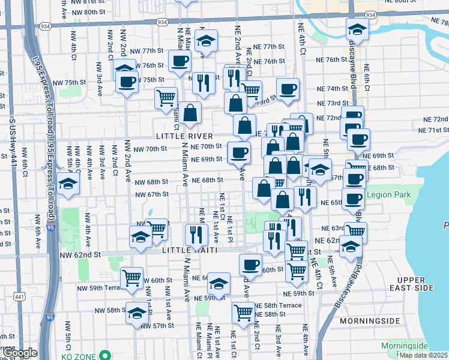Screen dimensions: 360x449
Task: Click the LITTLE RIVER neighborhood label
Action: point(184,136)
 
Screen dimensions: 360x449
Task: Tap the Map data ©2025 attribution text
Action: point(423,355)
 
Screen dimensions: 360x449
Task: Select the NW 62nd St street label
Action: point(83,255)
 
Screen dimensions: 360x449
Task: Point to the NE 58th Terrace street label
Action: point(278,305)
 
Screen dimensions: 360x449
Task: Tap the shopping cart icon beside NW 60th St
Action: point(131,278)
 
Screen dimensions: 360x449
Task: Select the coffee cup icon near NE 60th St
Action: point(250,264)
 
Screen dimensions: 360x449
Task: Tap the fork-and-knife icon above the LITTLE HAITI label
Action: point(196,233)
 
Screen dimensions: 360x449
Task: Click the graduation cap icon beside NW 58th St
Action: point(137,313)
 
